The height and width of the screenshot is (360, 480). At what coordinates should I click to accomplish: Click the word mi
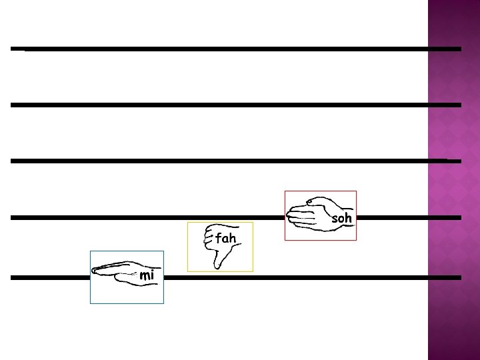(147, 275)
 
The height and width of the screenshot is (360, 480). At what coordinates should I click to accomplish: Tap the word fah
(225, 237)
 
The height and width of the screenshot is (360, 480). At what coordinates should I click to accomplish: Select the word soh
(341, 218)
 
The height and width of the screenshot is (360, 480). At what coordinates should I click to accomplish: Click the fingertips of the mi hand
(96, 271)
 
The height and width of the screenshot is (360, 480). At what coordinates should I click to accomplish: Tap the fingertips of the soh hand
(291, 215)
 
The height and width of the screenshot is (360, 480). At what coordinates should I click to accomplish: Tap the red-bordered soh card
(320, 230)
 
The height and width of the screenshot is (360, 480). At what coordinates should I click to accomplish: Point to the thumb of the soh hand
(313, 201)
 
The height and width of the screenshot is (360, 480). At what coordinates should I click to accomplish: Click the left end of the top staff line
(13, 49)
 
